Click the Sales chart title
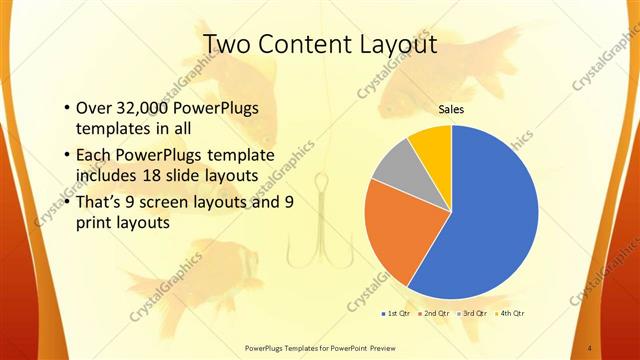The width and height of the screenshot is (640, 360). (452, 109)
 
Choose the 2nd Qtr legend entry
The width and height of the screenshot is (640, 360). (436, 313)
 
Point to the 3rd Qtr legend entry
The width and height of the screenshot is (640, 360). (474, 313)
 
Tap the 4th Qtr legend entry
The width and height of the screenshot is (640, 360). (511, 313)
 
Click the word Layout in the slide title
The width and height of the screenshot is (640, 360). (392, 45)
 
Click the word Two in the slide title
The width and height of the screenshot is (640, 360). (226, 45)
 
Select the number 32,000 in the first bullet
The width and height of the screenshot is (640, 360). (143, 108)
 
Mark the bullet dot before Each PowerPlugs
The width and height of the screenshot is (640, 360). (65, 155)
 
